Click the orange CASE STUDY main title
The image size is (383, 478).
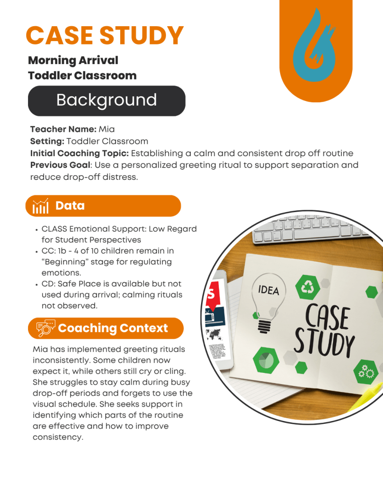point(105,36)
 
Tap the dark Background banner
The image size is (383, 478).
point(107,100)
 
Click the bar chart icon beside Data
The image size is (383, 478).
point(40,206)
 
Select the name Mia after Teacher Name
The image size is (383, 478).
point(107,129)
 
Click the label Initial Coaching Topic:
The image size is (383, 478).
point(79,153)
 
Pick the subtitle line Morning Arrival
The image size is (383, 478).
point(73,60)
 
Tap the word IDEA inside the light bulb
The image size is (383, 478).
point(268,290)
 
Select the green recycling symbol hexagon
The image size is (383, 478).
point(307,287)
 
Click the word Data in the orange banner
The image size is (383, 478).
point(70,206)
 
